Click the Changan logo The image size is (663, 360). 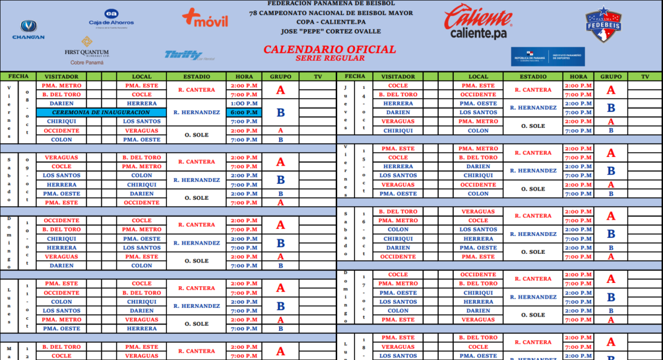coord(29,30)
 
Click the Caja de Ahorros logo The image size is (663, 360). coord(111,18)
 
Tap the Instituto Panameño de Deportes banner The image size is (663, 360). coord(548,57)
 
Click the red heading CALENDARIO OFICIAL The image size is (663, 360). coord(330,49)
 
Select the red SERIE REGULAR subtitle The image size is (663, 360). coord(330,58)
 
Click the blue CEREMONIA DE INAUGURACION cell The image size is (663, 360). coord(101,112)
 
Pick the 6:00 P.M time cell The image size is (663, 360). coord(244,112)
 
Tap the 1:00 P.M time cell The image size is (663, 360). coord(244,104)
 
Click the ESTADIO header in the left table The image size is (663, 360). coord(197,76)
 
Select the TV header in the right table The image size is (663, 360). coord(645,76)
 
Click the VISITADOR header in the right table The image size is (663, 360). coord(398,76)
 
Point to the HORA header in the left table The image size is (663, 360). coord(244,76)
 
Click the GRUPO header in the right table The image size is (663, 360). coord(611,76)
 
